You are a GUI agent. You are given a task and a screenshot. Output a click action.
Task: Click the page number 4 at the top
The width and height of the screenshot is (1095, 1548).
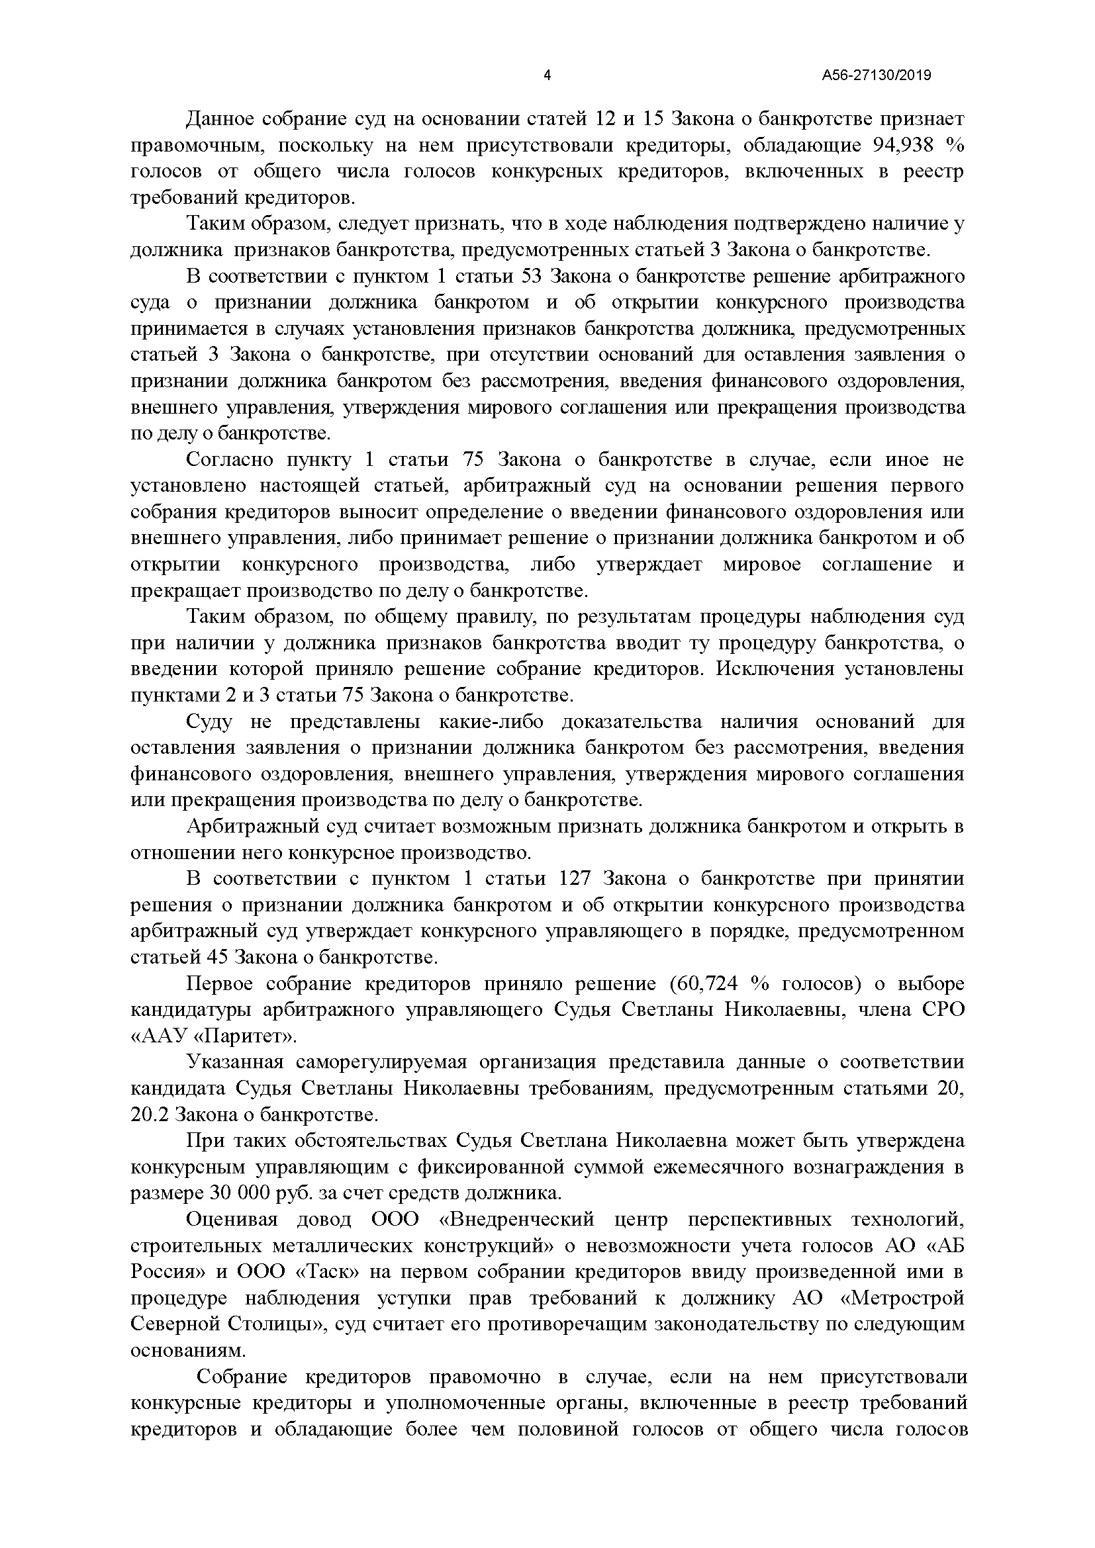click(x=547, y=75)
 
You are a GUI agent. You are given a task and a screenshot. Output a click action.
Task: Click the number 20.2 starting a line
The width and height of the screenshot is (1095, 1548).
click(x=150, y=1115)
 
